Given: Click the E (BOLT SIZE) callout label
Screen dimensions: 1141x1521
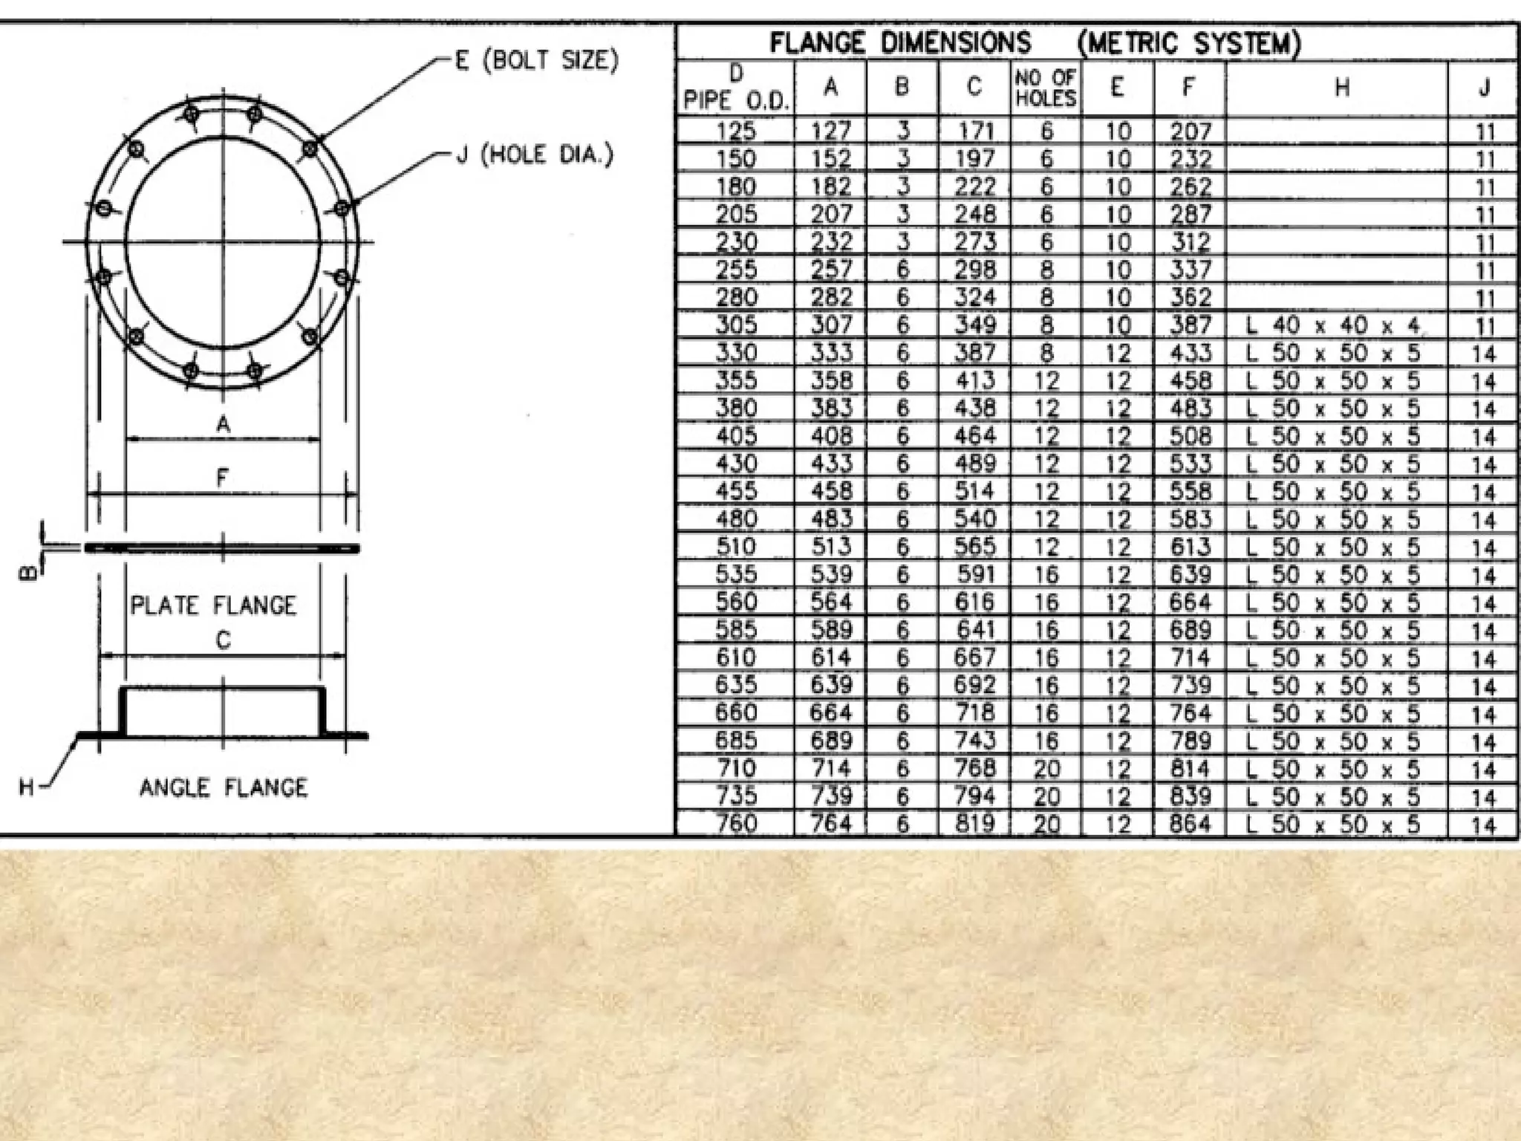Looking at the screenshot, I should click(536, 60).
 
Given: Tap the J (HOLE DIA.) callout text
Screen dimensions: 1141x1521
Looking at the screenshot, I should click(535, 155).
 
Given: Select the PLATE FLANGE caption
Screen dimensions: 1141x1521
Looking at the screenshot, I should click(213, 605).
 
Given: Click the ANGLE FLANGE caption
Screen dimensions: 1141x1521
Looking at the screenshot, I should click(223, 787).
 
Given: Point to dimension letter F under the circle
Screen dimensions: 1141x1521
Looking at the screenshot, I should click(223, 478).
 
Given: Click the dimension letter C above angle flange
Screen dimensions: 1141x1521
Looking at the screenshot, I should click(223, 640).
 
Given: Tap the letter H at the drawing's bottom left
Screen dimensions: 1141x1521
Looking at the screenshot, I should click(27, 787).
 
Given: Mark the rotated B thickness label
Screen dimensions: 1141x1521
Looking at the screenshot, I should click(27, 573).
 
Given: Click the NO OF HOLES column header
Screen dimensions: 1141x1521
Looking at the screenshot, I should click(1046, 88).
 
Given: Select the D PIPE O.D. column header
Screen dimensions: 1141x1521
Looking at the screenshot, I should click(735, 88).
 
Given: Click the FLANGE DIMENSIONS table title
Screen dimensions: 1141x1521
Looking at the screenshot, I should click(900, 43).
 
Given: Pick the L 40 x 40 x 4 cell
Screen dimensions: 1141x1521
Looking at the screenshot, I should click(1334, 325).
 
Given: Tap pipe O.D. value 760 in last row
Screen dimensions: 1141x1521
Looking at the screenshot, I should click(735, 824).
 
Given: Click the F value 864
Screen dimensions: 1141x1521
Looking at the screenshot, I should click(1190, 824).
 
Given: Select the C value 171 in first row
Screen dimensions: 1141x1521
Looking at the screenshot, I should click(975, 131).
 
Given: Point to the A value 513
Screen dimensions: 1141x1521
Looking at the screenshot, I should click(830, 547).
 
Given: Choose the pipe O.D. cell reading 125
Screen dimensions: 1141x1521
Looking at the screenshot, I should click(735, 131).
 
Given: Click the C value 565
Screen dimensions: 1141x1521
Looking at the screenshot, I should click(975, 547).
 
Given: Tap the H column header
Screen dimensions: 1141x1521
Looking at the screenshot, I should click(1341, 88).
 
